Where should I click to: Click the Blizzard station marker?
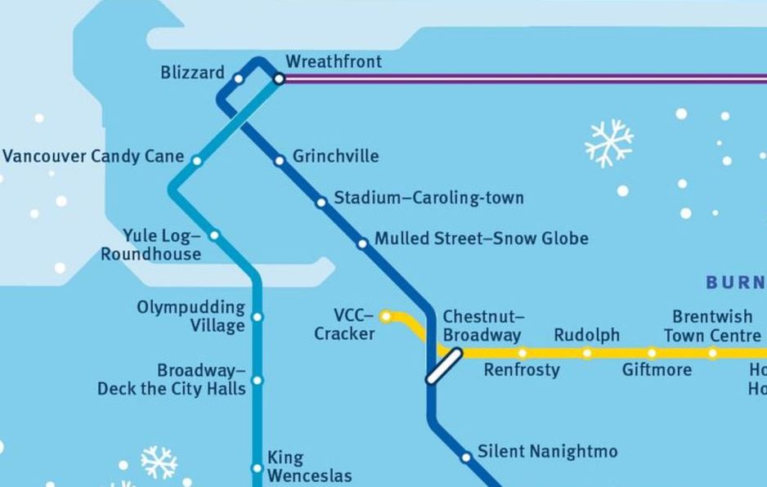(238, 79)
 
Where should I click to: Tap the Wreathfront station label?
(333, 62)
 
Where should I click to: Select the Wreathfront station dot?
(279, 79)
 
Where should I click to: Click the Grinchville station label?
(335, 156)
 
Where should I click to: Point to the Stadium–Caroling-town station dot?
(321, 202)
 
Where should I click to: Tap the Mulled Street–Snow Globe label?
(481, 239)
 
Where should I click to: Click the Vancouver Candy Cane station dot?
(197, 161)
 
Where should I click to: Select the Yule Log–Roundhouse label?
(152, 245)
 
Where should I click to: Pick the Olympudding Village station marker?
(258, 317)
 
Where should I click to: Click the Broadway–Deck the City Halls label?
(172, 380)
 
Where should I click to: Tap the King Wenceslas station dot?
(257, 468)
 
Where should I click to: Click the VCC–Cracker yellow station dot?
(386, 316)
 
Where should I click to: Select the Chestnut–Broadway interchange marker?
(444, 366)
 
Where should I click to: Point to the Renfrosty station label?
(522, 370)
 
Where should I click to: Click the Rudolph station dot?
(586, 353)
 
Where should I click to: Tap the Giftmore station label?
(657, 370)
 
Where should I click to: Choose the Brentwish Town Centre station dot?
(712, 353)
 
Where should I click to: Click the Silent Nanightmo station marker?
(465, 458)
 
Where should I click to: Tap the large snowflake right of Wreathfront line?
(609, 143)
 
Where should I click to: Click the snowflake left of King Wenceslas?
(159, 462)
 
